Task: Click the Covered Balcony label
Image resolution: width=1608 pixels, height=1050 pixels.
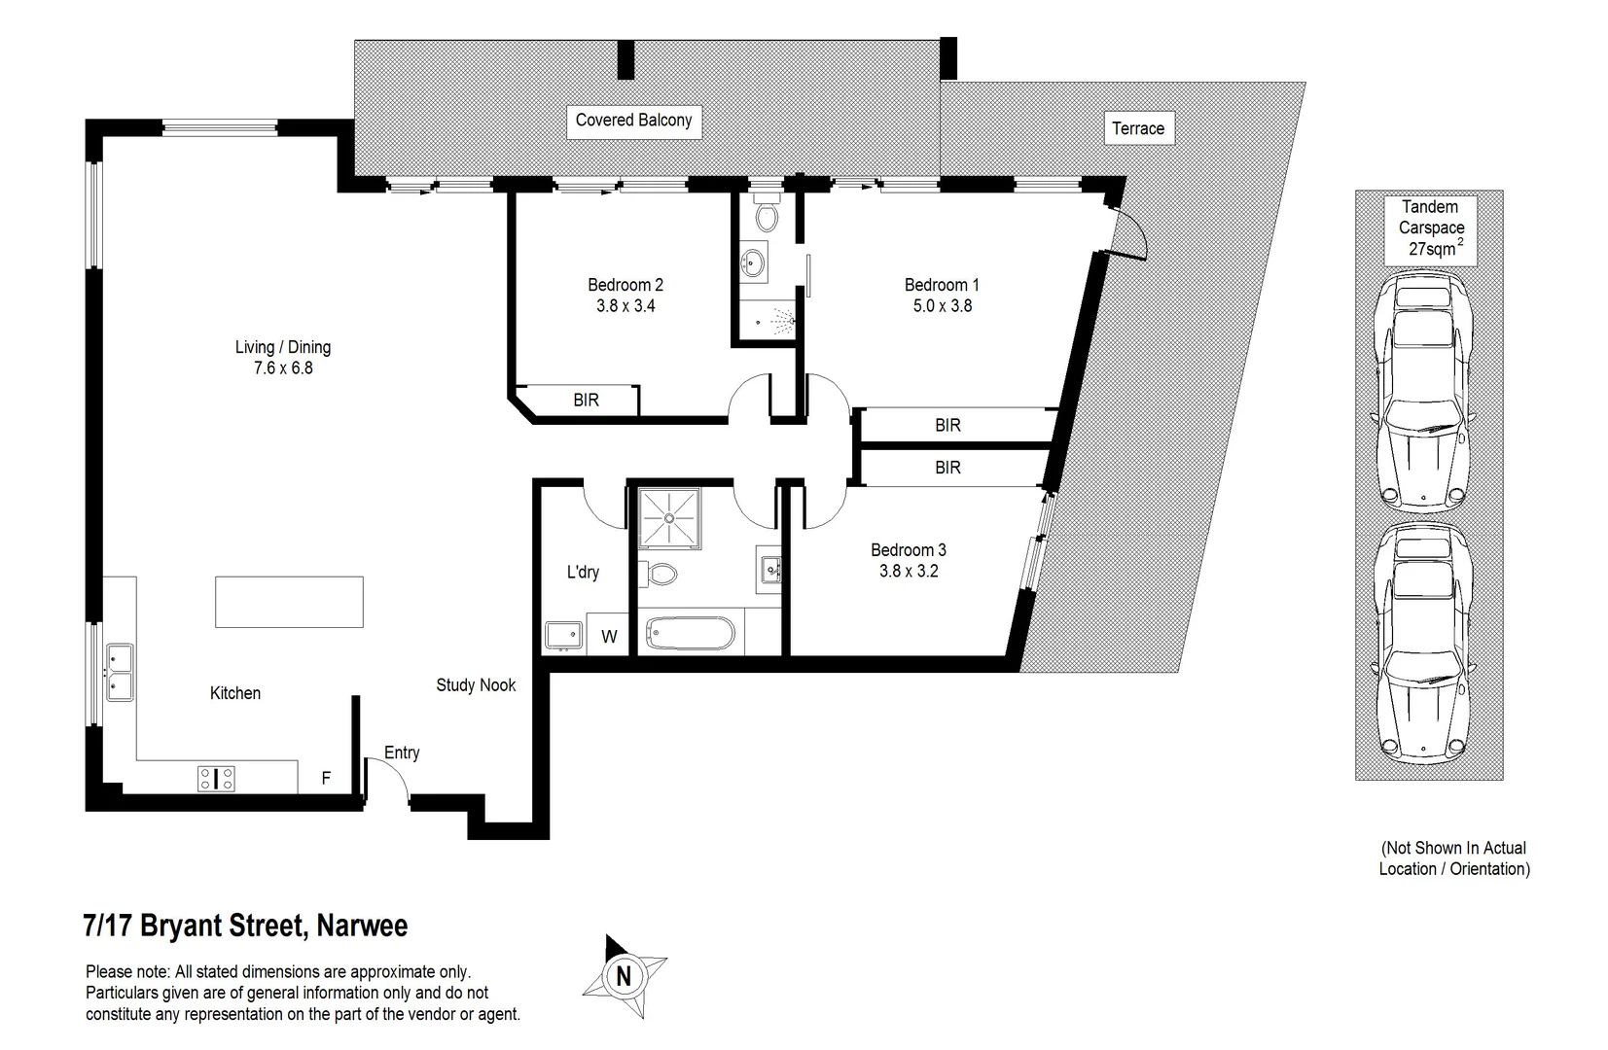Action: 633,121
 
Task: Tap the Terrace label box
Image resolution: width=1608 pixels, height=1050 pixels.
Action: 1138,128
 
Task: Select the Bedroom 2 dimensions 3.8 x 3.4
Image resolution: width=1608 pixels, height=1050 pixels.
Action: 625,306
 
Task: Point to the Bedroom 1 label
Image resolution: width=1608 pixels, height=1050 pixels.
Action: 941,285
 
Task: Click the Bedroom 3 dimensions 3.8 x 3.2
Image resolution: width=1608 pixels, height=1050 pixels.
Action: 908,572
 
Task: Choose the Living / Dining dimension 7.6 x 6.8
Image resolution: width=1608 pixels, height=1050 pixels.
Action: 282,368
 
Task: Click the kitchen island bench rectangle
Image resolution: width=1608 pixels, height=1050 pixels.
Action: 289,602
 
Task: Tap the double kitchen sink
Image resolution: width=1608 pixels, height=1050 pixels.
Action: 121,672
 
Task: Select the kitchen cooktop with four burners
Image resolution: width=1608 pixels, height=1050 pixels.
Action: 216,778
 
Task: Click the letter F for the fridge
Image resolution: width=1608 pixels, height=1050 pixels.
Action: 326,779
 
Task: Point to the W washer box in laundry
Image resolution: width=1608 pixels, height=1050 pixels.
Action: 609,638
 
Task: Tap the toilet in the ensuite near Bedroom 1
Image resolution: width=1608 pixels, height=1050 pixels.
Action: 767,216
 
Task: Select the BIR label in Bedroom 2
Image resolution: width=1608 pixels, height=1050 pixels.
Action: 586,401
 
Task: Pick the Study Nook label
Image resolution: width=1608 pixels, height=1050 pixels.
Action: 476,685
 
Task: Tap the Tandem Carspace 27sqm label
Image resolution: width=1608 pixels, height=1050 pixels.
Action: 1430,228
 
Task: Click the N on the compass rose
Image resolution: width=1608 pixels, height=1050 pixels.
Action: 624,976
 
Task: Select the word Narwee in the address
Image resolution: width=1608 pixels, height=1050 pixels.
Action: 363,926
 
